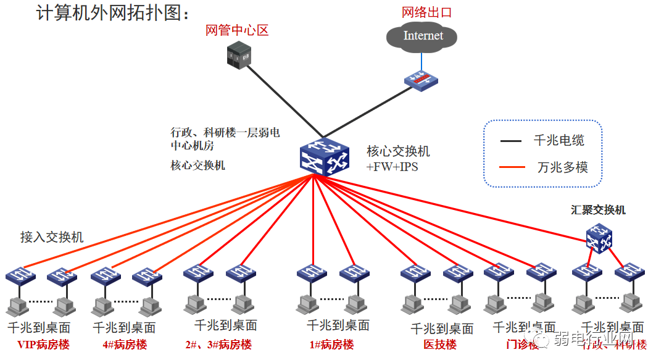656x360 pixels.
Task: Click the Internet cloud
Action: pos(423,36)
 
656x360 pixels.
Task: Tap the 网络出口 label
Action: pos(427,12)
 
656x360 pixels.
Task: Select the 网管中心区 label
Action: pos(237,30)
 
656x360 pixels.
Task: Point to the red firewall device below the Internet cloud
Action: pos(421,80)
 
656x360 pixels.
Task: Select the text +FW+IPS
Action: pos(392,167)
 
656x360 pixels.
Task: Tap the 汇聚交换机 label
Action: pos(598,210)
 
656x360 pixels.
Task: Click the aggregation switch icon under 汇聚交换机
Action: pos(599,238)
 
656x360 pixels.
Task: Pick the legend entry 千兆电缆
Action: pos(559,141)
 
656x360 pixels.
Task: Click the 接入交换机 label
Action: pos(52,237)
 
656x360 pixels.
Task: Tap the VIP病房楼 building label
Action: pos(43,345)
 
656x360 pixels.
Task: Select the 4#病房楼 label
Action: pos(125,345)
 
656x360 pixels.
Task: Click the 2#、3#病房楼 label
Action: pos(218,345)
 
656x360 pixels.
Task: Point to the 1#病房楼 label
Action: pos(331,345)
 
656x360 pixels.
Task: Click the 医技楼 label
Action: pos(440,345)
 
